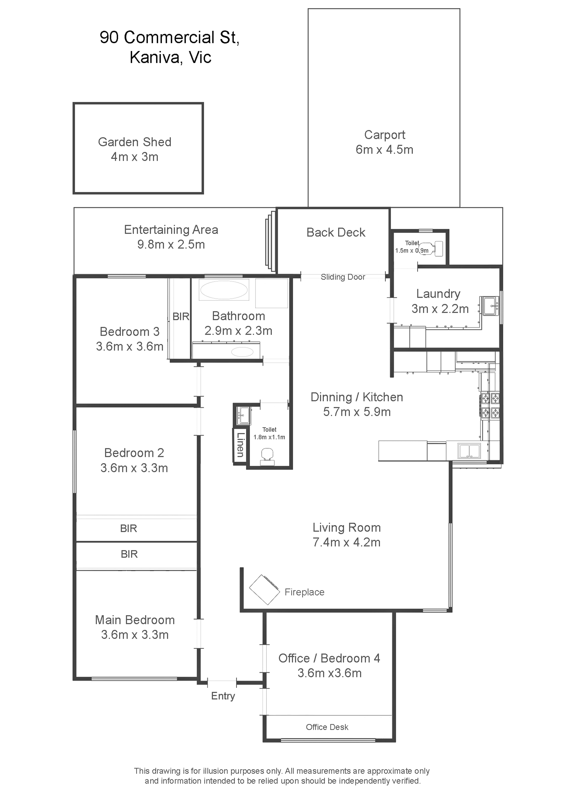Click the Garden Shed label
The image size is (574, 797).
coord(134,142)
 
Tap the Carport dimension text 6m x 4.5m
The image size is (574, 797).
coord(384,150)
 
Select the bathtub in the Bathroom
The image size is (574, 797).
coord(224,290)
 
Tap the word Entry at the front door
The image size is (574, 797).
coord(223,696)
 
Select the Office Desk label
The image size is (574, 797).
coord(327,727)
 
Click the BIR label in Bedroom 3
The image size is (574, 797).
coord(181,317)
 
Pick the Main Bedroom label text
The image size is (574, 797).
coord(135,620)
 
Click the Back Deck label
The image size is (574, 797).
coord(336,232)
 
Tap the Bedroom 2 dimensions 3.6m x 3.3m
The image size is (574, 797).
coord(134,468)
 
